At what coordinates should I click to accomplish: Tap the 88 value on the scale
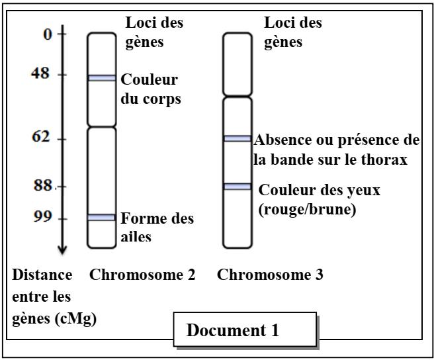(43, 186)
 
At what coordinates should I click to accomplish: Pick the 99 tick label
(43, 218)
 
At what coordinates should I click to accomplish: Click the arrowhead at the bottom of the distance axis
(62, 250)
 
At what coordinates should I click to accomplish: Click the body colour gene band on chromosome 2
(102, 78)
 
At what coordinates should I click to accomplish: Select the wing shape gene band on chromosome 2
(102, 217)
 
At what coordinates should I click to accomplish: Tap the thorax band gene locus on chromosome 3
(237, 138)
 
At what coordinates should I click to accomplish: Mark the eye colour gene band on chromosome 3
(237, 187)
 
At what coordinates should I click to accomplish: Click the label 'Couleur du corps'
(150, 89)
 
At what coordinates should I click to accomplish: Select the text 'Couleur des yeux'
(320, 190)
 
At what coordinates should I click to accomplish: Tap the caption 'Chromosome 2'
(142, 275)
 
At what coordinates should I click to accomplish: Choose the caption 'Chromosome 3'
(270, 275)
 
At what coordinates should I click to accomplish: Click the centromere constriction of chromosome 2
(102, 126)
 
